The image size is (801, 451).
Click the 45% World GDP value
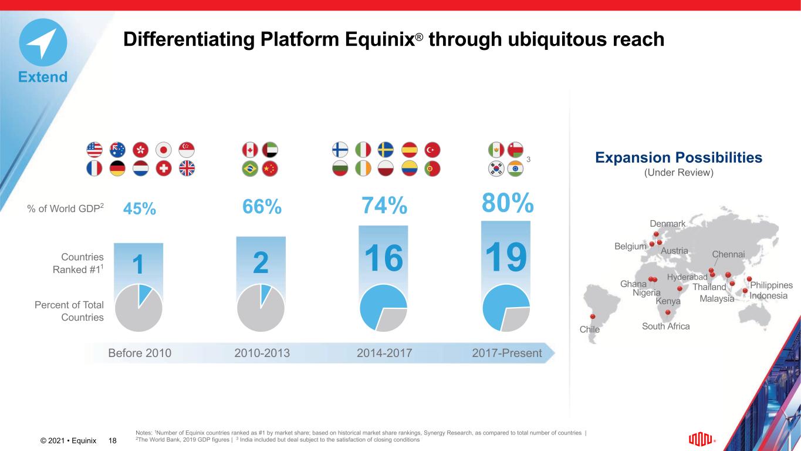tap(140, 208)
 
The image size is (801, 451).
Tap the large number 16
tap(383, 259)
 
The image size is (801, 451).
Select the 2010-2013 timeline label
tap(262, 353)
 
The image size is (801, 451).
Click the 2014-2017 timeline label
tap(384, 353)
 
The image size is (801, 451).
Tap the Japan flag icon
tap(164, 149)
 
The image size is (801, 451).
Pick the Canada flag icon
tap(250, 149)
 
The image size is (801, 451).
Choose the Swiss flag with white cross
tap(164, 169)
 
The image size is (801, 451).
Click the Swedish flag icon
tap(386, 149)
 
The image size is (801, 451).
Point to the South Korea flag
tap(496, 169)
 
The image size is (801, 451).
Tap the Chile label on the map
tap(590, 329)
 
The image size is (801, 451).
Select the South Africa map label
tap(665, 326)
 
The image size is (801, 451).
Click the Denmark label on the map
tap(668, 224)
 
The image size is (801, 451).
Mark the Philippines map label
tap(771, 285)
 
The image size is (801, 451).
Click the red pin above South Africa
tap(668, 313)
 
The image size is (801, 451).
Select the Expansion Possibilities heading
tap(678, 157)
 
